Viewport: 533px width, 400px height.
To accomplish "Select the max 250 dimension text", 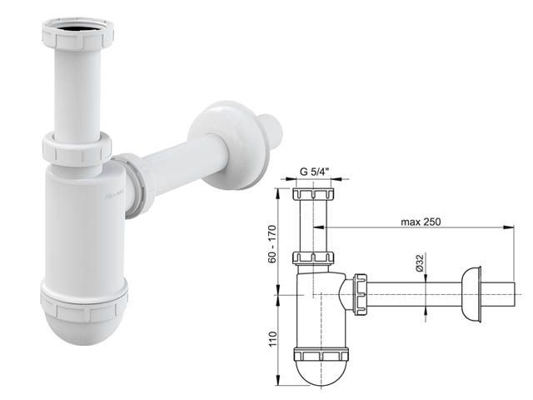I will (x=421, y=221).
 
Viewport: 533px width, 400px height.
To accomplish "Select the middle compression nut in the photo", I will (x=77, y=149).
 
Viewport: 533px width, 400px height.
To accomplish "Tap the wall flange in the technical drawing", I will (x=472, y=293).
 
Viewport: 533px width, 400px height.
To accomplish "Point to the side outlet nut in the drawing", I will (x=361, y=292).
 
